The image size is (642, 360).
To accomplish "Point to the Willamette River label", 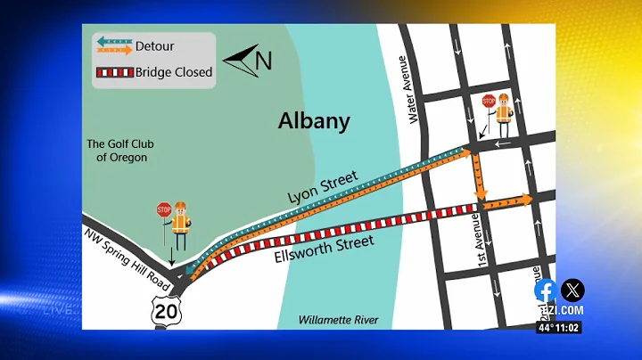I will pos(338,320).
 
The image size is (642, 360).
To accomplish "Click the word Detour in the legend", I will pos(155,45).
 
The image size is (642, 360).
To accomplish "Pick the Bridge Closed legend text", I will pos(174,72).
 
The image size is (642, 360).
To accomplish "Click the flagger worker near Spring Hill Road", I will pos(180,225).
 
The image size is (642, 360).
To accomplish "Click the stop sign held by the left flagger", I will pos(163,210).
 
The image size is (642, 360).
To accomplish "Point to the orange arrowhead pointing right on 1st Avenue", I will pos(526,200).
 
